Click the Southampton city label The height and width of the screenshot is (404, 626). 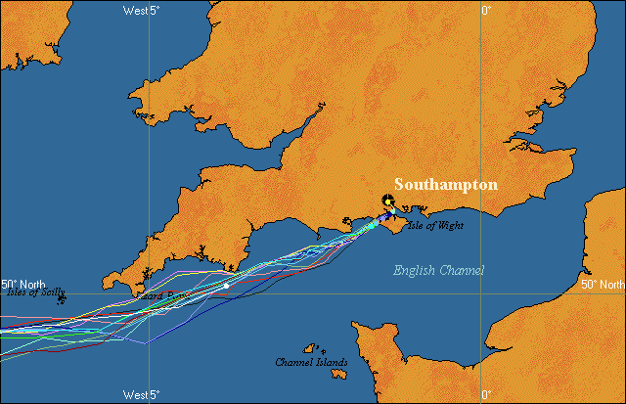pyautogui.click(x=445, y=184)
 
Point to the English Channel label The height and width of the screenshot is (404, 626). pyautogui.click(x=438, y=270)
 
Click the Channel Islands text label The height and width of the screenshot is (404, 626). pyautogui.click(x=311, y=363)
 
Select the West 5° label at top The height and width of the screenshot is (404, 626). pyautogui.click(x=142, y=10)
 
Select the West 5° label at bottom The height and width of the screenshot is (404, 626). pyautogui.click(x=142, y=394)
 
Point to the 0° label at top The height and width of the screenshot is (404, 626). pyautogui.click(x=486, y=10)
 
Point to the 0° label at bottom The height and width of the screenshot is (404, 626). pyautogui.click(x=486, y=394)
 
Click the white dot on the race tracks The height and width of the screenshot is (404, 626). pyautogui.click(x=227, y=286)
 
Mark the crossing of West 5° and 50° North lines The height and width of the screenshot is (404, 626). pyautogui.click(x=150, y=292)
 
